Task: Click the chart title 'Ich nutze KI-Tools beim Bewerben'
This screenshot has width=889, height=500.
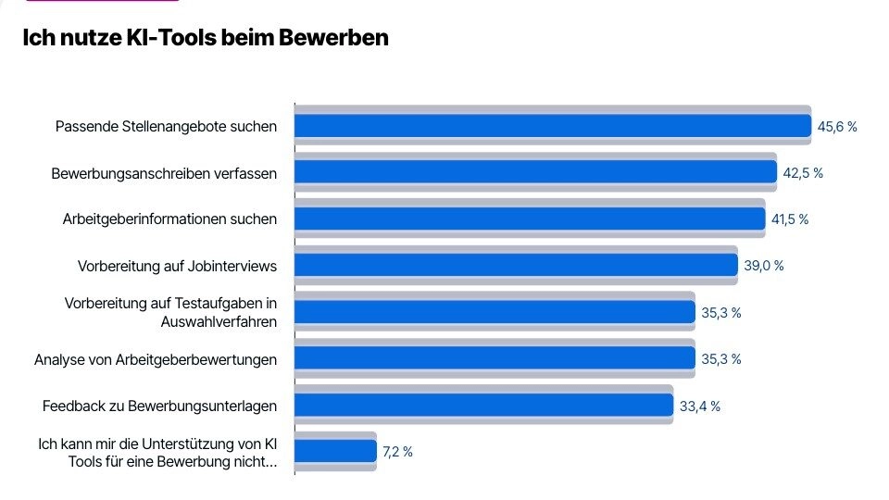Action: [205, 39]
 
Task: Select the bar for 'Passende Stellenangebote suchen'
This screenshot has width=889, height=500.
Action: [553, 126]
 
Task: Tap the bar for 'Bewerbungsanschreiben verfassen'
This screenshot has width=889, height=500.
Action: [535, 172]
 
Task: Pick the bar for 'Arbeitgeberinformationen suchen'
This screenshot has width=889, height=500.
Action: [530, 219]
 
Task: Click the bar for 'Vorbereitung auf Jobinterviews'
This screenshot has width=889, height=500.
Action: [516, 266]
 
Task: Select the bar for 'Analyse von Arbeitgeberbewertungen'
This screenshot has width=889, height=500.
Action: [495, 358]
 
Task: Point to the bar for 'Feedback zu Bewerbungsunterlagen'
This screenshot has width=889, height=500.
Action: [483, 406]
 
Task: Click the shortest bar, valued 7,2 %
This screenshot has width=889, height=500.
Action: [335, 452]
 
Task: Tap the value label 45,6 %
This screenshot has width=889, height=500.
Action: [837, 127]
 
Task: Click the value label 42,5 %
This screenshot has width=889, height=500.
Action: [803, 173]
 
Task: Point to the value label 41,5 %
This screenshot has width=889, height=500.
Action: [789, 219]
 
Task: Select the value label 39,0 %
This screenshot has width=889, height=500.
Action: [764, 266]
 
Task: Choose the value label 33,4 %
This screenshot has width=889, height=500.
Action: [700, 406]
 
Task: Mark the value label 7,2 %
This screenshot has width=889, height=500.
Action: [397, 452]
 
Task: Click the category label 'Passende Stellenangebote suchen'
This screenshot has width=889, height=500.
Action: [166, 127]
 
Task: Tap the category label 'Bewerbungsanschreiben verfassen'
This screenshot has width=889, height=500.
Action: [164, 173]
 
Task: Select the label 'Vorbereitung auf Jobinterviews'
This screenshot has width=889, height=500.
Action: [177, 267]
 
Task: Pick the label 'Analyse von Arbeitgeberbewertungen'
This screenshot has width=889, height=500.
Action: [156, 359]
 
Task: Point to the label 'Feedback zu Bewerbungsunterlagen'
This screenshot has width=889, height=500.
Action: [159, 406]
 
